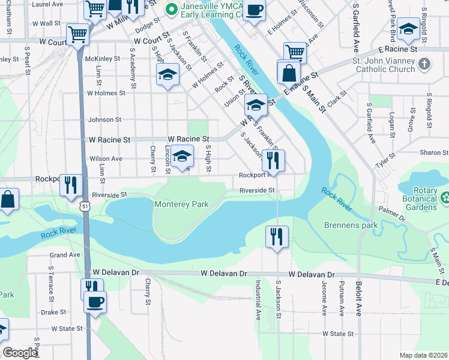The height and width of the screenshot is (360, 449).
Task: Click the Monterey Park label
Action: pos(181,204)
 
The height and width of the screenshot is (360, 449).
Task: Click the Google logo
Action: pos(20,353)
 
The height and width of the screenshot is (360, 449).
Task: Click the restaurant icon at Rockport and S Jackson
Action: pos(273,161)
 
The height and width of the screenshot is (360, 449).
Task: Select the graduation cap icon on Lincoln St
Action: pos(182,157)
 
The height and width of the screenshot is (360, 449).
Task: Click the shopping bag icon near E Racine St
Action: pos(289,73)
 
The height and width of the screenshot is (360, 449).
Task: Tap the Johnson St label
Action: pos(104,120)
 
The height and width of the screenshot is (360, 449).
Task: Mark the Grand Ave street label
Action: pos(65,255)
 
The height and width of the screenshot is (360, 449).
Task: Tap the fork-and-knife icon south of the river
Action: pos(277,236)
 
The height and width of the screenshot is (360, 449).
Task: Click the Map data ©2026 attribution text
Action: pos(423,355)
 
